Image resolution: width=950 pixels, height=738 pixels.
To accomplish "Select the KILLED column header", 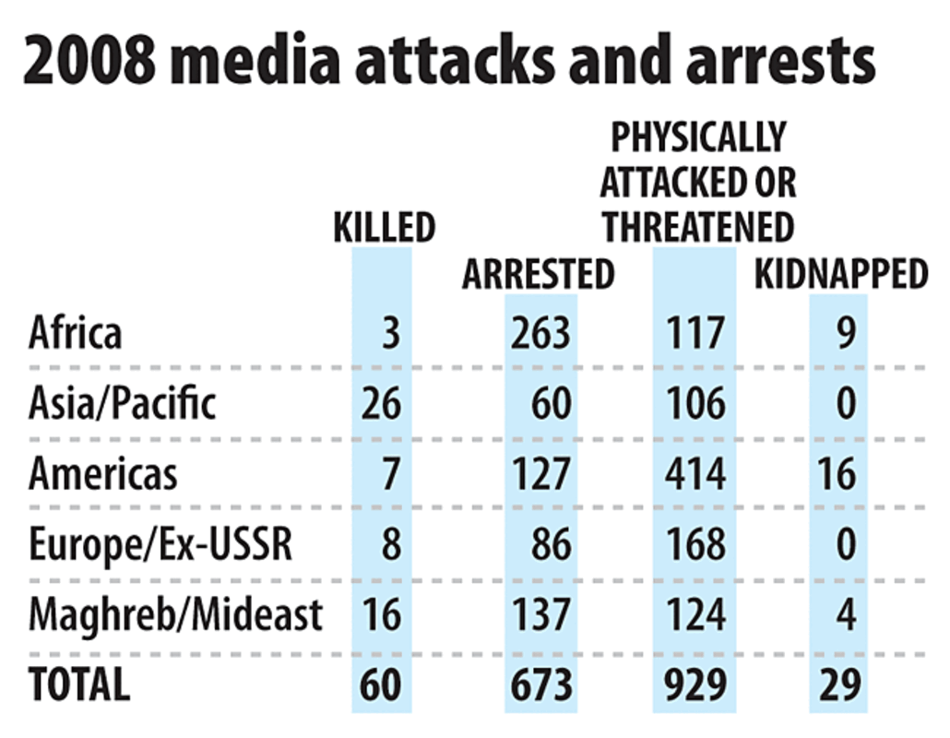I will click(384, 227).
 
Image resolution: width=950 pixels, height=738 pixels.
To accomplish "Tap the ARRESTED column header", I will click(539, 274).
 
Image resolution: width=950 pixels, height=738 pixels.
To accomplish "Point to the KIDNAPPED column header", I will click(841, 274).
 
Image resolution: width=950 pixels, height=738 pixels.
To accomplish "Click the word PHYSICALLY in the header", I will click(698, 137).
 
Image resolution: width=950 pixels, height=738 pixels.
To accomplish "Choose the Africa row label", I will click(75, 333).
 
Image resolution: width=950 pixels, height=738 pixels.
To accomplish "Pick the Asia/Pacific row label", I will click(123, 404).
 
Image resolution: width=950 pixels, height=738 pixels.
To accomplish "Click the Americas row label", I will click(102, 474).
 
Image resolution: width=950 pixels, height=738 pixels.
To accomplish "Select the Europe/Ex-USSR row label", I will click(160, 544).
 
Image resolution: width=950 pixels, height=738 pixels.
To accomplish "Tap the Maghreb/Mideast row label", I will click(175, 614).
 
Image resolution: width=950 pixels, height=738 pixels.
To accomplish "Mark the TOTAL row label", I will click(79, 684).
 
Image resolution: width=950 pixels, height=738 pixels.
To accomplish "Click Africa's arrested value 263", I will click(540, 333).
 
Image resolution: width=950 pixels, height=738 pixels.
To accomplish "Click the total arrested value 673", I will click(540, 684).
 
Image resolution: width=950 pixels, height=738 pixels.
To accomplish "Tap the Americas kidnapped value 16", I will click(837, 474).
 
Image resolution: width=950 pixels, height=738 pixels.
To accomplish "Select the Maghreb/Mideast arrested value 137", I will click(540, 614).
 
